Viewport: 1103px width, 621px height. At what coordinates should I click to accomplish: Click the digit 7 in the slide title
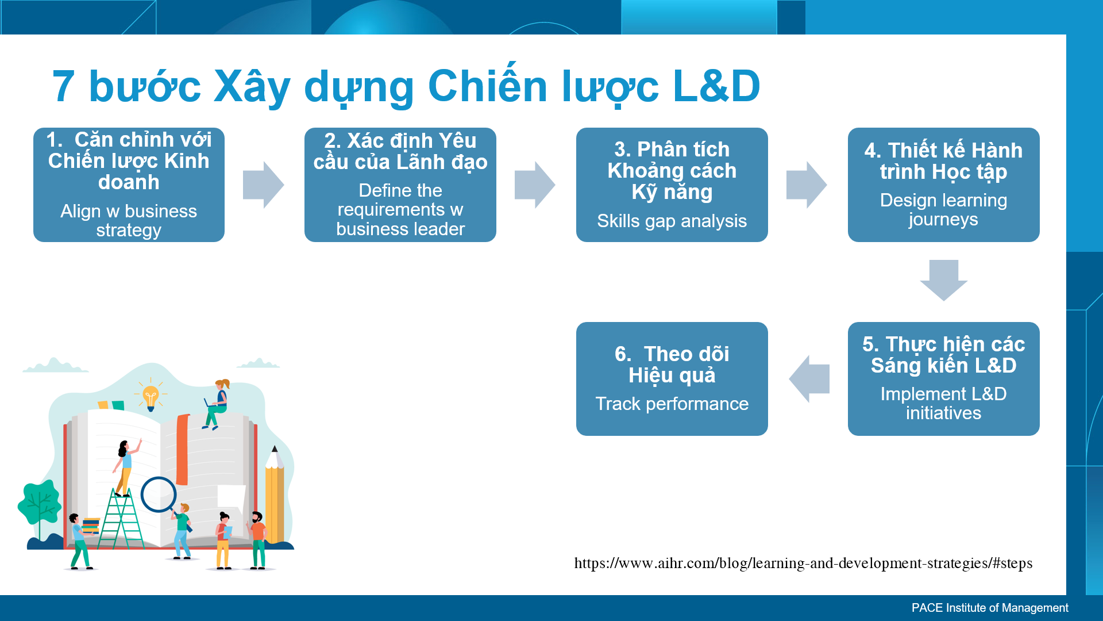point(64,86)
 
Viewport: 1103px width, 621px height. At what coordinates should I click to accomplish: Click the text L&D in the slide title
point(716,86)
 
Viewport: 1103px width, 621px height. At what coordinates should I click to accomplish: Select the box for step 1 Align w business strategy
point(129,185)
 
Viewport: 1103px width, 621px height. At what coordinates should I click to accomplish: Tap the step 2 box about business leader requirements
point(400,185)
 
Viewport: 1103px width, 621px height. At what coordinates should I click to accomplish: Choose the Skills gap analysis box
point(672,185)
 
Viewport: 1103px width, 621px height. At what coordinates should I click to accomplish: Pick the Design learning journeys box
point(944,185)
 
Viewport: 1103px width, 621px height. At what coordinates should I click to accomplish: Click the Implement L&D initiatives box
point(944,379)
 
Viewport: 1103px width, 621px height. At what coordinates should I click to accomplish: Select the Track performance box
point(672,379)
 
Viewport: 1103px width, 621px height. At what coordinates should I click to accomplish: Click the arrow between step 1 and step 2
point(264,185)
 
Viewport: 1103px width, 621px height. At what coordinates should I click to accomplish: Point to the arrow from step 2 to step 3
point(535,185)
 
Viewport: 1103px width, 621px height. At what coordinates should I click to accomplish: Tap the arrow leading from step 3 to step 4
point(807,185)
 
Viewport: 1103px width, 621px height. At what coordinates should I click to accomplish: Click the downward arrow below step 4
point(944,281)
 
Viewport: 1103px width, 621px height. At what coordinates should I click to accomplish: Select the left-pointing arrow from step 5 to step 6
point(809,379)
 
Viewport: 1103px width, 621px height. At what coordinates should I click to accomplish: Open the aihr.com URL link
point(803,563)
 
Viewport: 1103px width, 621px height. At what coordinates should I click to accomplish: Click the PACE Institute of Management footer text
point(990,608)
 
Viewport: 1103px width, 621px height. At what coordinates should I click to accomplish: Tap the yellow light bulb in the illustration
point(151,396)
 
